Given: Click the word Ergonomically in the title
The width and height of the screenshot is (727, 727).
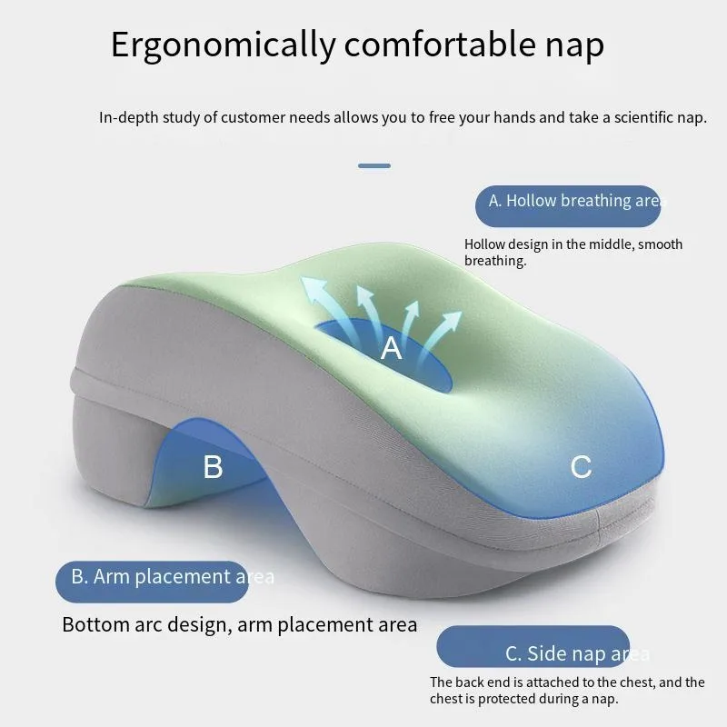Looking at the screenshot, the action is coord(223,45).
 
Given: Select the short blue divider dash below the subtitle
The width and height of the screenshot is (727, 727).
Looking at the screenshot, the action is coord(374,165).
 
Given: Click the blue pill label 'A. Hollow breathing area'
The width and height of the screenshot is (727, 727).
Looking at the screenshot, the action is coord(568,206).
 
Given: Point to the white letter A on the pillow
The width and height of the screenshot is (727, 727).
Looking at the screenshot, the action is coord(391,348).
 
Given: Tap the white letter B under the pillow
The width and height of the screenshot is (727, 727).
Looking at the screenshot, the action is coord(214,466).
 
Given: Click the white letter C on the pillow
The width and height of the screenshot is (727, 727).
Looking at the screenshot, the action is coord(581,466).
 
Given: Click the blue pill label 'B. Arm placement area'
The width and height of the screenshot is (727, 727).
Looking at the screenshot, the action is coord(152,582).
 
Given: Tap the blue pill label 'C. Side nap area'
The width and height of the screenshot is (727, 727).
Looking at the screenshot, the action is coord(533,646).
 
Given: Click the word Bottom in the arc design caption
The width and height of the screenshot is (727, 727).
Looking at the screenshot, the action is coord(96,624).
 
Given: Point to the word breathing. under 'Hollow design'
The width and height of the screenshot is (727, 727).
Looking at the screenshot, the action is coord(495,261).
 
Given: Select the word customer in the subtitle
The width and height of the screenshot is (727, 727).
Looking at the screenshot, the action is coord(254,117).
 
